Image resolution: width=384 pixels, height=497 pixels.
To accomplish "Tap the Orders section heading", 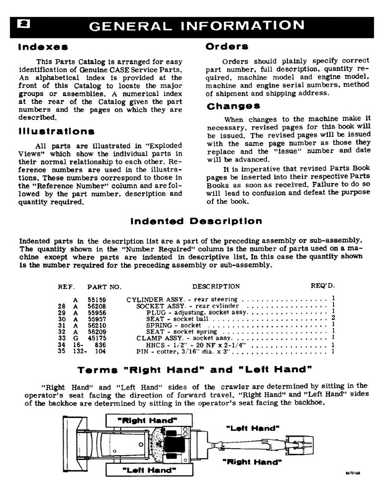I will click(227, 46).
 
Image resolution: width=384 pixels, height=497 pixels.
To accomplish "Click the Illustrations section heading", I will click(56, 131).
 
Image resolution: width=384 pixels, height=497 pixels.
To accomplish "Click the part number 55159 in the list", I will click(97, 300).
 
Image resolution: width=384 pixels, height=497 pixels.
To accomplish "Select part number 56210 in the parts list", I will click(97, 325).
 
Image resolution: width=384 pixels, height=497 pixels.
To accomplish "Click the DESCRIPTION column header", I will click(215, 286).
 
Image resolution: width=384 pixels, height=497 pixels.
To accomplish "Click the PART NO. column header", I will click(104, 287).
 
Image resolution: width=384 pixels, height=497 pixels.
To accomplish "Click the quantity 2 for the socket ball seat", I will click(333, 318).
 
